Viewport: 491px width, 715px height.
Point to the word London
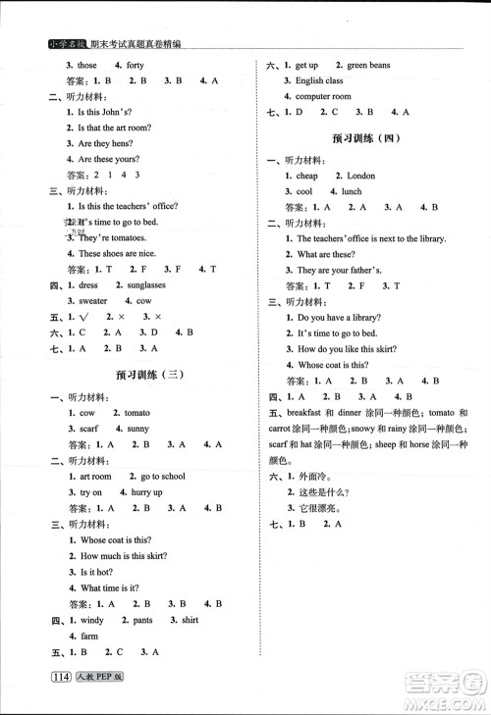click(360, 176)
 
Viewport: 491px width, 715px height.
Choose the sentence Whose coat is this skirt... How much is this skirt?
click(122, 555)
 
